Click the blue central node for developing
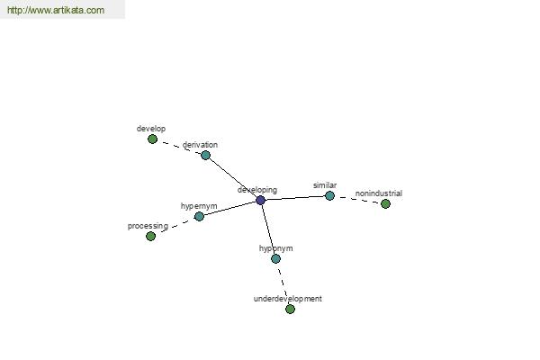[261, 200]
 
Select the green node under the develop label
[153, 139]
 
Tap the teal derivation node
[205, 155]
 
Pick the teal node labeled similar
[329, 195]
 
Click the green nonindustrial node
[385, 204]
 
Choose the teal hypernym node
[199, 216]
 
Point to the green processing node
[150, 237]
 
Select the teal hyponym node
[276, 258]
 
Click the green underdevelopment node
[291, 309]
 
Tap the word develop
[151, 129]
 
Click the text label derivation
[200, 145]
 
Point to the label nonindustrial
[379, 193]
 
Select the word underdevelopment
[288, 299]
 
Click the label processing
[148, 226]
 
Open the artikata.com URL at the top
[56, 10]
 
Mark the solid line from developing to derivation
[233, 178]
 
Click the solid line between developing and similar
[295, 198]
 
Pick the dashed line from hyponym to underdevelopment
[283, 283]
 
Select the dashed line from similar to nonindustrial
[357, 200]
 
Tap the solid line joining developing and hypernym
[230, 209]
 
